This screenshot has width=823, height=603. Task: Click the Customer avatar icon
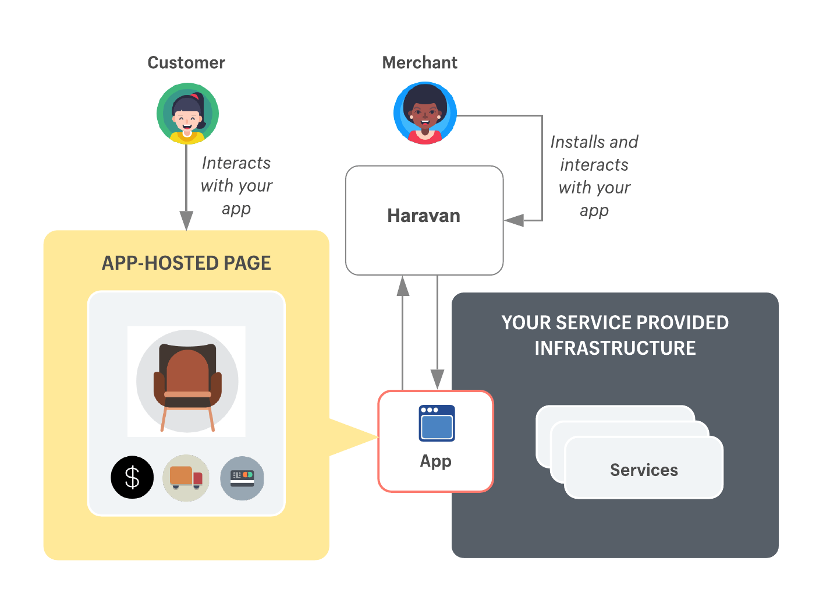(x=187, y=114)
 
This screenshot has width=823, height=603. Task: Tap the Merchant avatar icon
(x=425, y=113)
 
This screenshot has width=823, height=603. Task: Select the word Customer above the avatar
(x=186, y=63)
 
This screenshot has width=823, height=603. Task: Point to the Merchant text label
(x=420, y=63)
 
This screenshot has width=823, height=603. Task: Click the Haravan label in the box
(x=424, y=216)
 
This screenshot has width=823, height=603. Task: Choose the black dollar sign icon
(x=132, y=477)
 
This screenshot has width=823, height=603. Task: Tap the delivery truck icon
(x=186, y=478)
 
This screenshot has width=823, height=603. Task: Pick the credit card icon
(x=242, y=478)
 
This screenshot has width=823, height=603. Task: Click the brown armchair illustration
(x=187, y=382)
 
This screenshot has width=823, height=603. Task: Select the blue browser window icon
(x=437, y=424)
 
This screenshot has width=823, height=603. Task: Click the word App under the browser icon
(x=435, y=461)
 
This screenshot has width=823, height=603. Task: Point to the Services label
(x=644, y=470)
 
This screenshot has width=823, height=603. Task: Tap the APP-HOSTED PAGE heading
(x=186, y=263)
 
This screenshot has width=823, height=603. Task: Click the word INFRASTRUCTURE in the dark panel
(x=615, y=348)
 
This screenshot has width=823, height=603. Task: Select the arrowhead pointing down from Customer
(x=186, y=221)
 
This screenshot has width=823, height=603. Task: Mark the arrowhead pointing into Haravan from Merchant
(x=514, y=220)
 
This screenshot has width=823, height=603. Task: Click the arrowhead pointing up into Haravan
(x=402, y=286)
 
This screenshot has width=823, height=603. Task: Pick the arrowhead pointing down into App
(x=437, y=379)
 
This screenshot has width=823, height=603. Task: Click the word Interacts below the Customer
(x=236, y=163)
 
